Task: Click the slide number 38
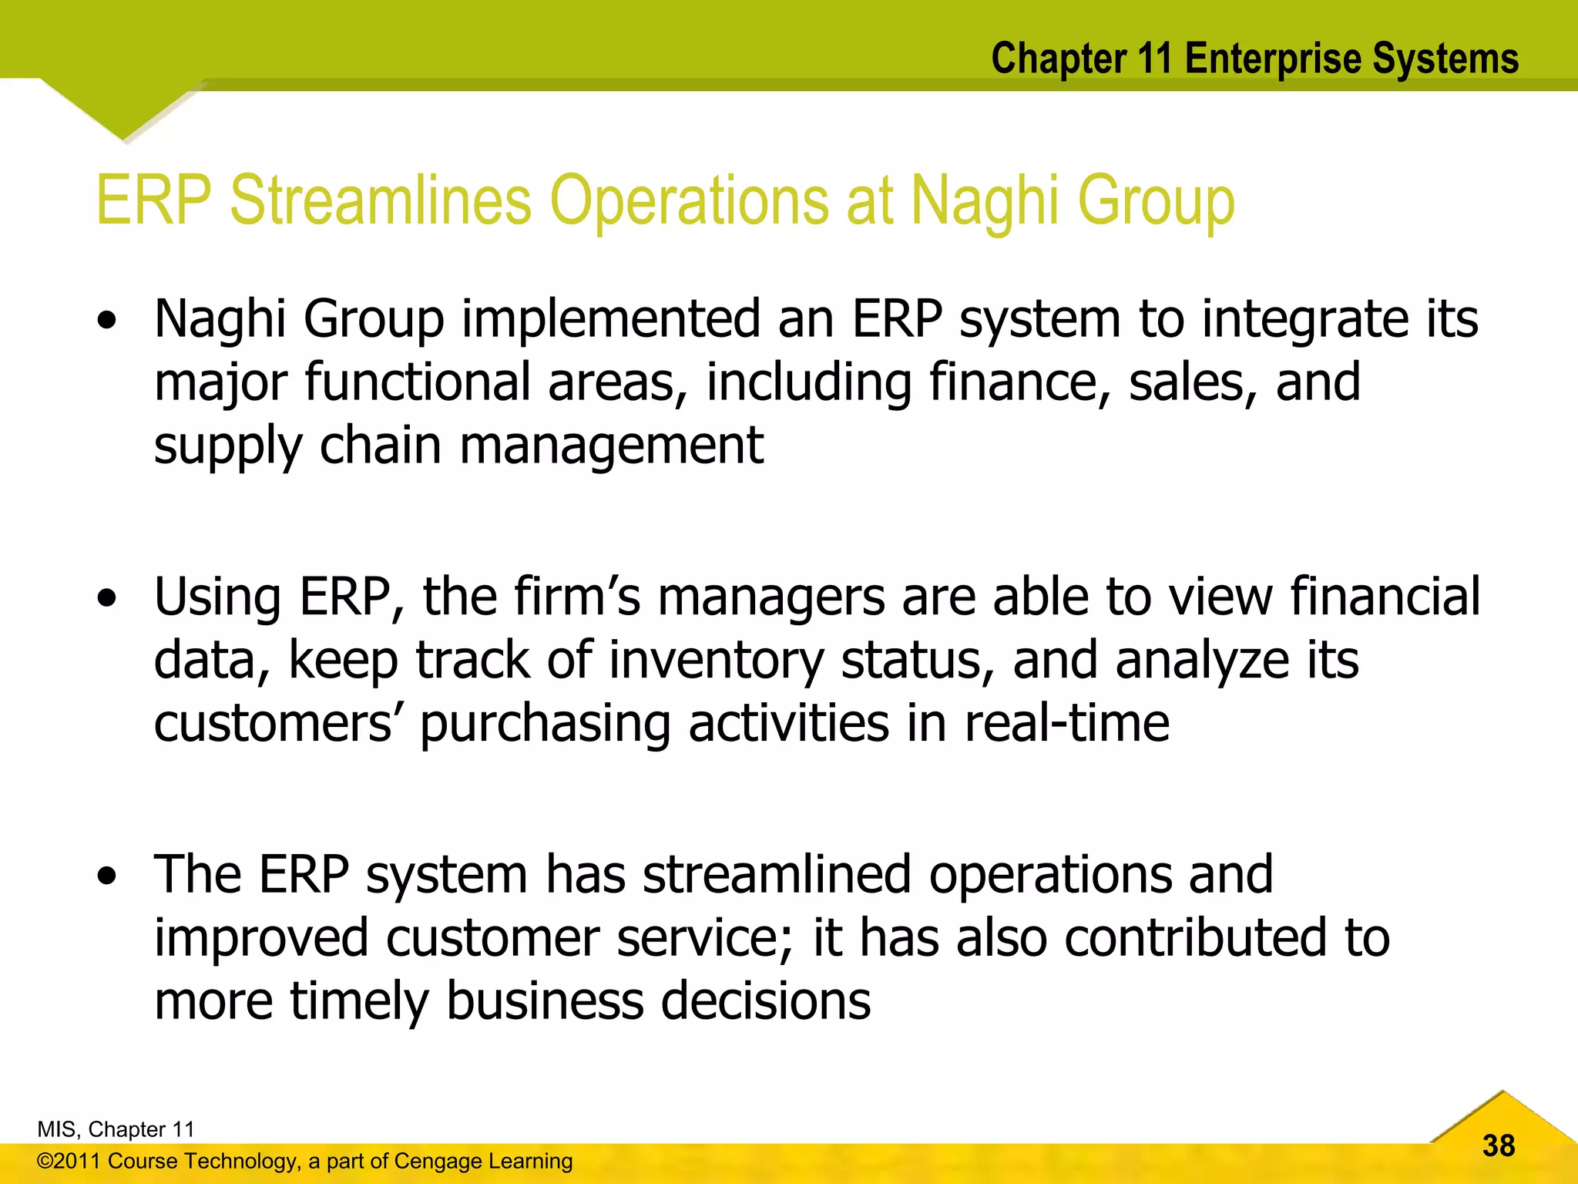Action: (x=1499, y=1146)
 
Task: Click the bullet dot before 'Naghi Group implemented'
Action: (x=108, y=320)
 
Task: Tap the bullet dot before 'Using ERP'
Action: (x=108, y=598)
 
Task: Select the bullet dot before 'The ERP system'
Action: (x=108, y=876)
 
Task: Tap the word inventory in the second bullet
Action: (x=717, y=661)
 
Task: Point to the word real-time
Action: (x=1067, y=724)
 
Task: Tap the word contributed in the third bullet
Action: (x=1195, y=938)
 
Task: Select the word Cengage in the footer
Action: (x=432, y=1162)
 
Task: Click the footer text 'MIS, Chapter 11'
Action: (x=116, y=1129)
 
